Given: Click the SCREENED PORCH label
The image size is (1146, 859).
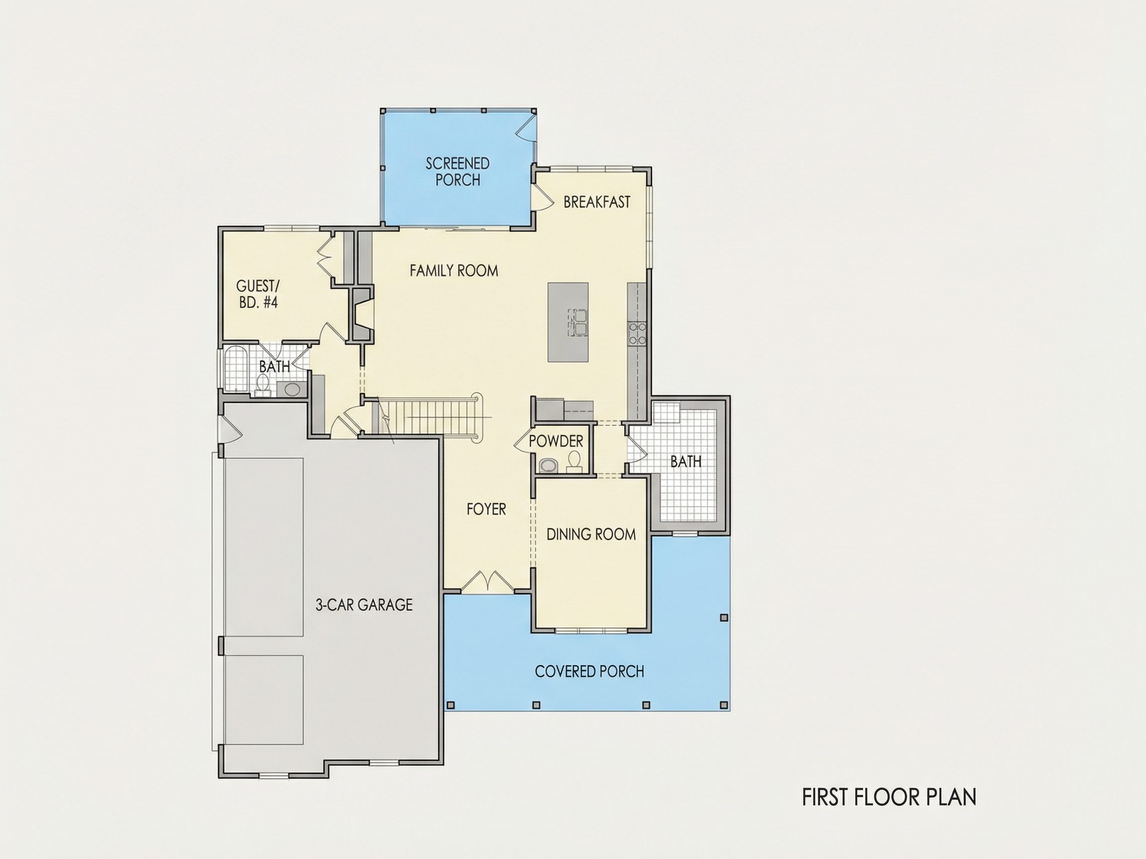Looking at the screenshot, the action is pyautogui.click(x=458, y=172).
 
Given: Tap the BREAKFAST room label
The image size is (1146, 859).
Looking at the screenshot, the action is pyautogui.click(x=597, y=202).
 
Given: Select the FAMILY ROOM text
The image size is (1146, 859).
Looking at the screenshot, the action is pyautogui.click(x=454, y=270).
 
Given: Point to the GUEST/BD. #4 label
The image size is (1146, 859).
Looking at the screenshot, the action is pyautogui.click(x=258, y=294).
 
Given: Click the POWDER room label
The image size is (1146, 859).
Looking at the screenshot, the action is pyautogui.click(x=556, y=441).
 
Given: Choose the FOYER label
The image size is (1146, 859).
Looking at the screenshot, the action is pyautogui.click(x=486, y=509).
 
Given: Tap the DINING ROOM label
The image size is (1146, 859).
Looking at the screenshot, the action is pyautogui.click(x=591, y=534).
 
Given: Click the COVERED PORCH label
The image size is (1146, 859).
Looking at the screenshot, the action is pyautogui.click(x=589, y=672).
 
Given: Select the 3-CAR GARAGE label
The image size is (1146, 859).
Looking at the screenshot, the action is pyautogui.click(x=364, y=605).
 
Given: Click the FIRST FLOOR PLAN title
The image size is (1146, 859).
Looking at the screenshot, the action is pyautogui.click(x=889, y=797).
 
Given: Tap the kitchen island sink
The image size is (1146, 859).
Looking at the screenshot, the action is pyautogui.click(x=577, y=322).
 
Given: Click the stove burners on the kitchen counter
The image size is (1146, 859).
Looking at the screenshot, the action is pyautogui.click(x=637, y=334).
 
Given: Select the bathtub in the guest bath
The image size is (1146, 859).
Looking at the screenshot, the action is pyautogui.click(x=236, y=369).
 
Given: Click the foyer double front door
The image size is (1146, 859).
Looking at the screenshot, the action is pyautogui.click(x=487, y=582).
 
